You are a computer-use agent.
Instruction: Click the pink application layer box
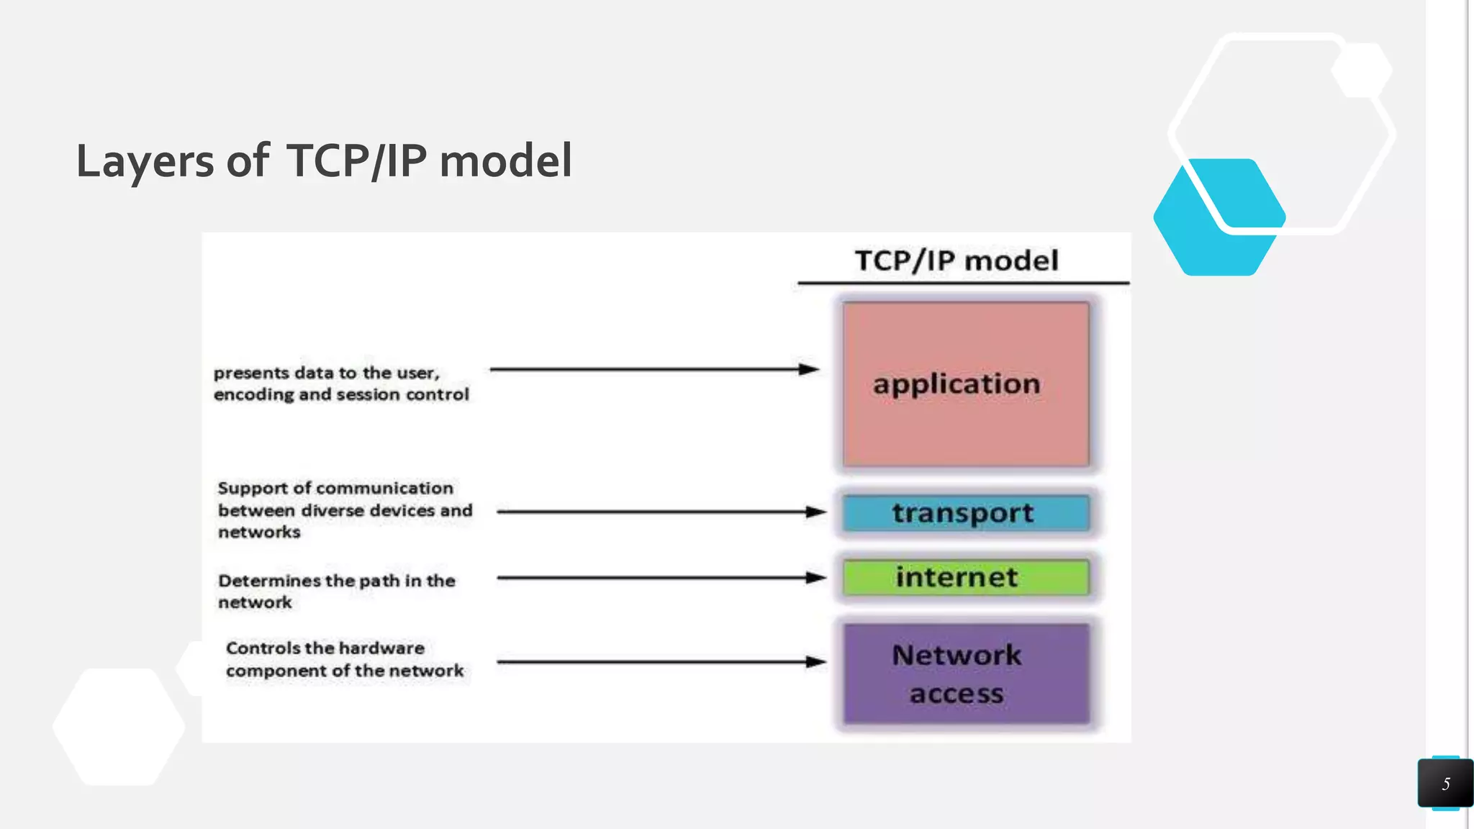point(966,384)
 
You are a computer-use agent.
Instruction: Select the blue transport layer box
point(966,513)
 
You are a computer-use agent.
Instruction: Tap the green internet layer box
point(966,577)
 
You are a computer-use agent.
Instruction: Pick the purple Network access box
point(966,674)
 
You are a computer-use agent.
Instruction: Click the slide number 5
point(1445,784)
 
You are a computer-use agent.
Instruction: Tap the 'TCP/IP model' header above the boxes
point(957,261)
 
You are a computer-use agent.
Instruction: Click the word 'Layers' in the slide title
point(145,161)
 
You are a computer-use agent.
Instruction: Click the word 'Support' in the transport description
point(253,489)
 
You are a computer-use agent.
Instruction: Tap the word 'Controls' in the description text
point(263,648)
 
